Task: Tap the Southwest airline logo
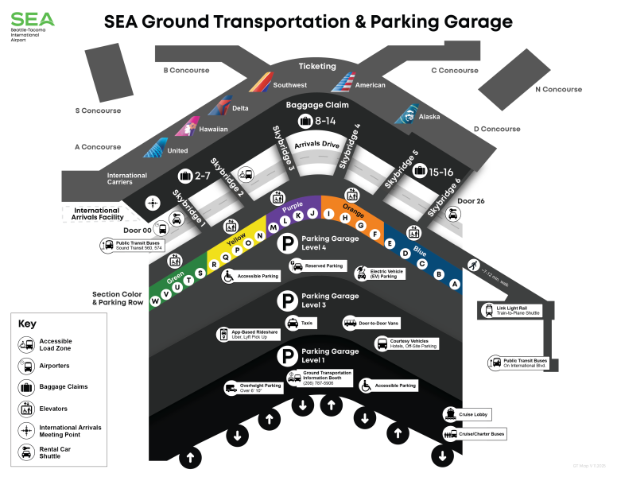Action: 260,82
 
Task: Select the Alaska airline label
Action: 429,117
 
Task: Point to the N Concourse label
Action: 558,90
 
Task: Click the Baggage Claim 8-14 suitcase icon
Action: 305,121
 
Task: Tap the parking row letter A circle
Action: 456,284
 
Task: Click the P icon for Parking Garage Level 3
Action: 286,300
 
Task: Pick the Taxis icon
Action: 293,323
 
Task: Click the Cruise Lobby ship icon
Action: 451,414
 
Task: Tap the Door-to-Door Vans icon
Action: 350,323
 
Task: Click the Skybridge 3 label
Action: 284,149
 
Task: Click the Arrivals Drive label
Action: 317,145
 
